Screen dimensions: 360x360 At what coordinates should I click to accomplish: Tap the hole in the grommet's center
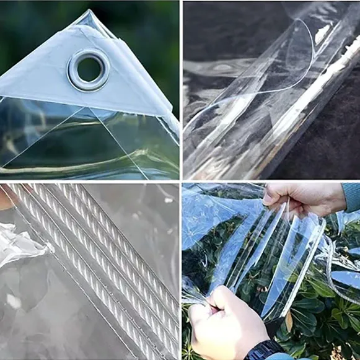(89, 69)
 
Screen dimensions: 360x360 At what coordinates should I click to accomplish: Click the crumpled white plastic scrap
(22, 245)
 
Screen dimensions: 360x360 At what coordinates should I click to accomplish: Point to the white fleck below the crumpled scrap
(12, 301)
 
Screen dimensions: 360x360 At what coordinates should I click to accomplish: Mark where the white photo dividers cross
(180, 181)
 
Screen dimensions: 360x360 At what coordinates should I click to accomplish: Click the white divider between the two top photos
(180, 90)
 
